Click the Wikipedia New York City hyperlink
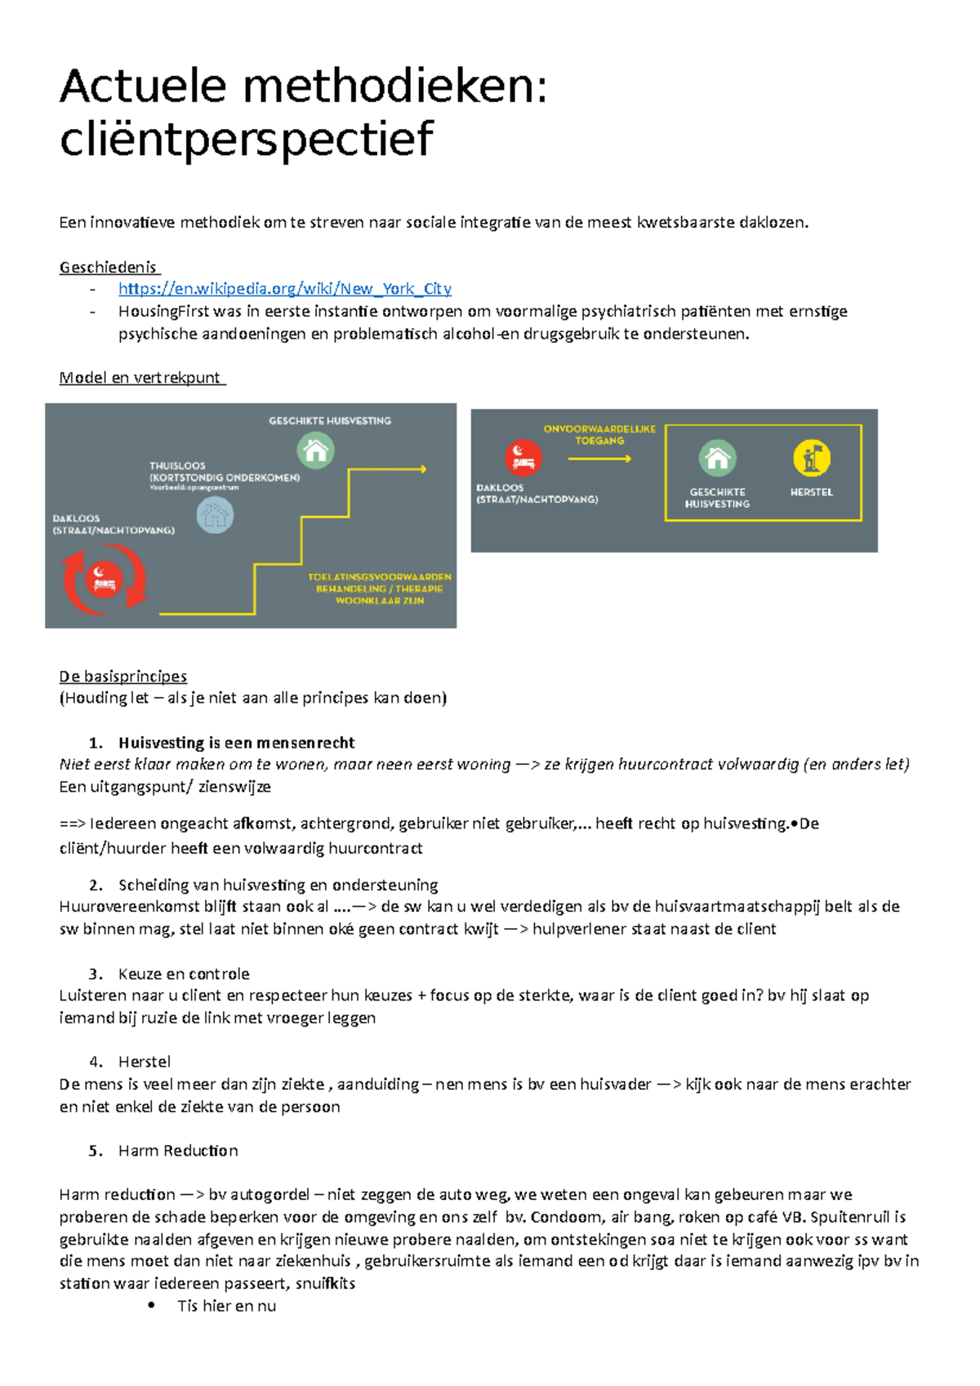[284, 289]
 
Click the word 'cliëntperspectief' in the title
[246, 139]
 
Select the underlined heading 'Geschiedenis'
[108, 267]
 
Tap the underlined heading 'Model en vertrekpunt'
[140, 378]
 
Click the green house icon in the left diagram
[315, 451]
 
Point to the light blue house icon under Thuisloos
[216, 515]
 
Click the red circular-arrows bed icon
[105, 580]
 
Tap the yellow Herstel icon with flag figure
[811, 458]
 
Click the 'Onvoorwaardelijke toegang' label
[599, 434]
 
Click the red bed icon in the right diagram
[523, 457]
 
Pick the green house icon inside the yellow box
[717, 458]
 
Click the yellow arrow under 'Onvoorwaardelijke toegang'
[599, 459]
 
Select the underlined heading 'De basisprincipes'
[123, 676]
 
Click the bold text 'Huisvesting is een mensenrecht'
[236, 743]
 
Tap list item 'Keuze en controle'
[184, 974]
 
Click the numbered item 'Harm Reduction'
[178, 1151]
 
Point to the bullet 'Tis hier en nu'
[226, 1306]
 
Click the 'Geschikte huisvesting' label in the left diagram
[330, 421]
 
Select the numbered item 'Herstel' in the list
[145, 1062]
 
